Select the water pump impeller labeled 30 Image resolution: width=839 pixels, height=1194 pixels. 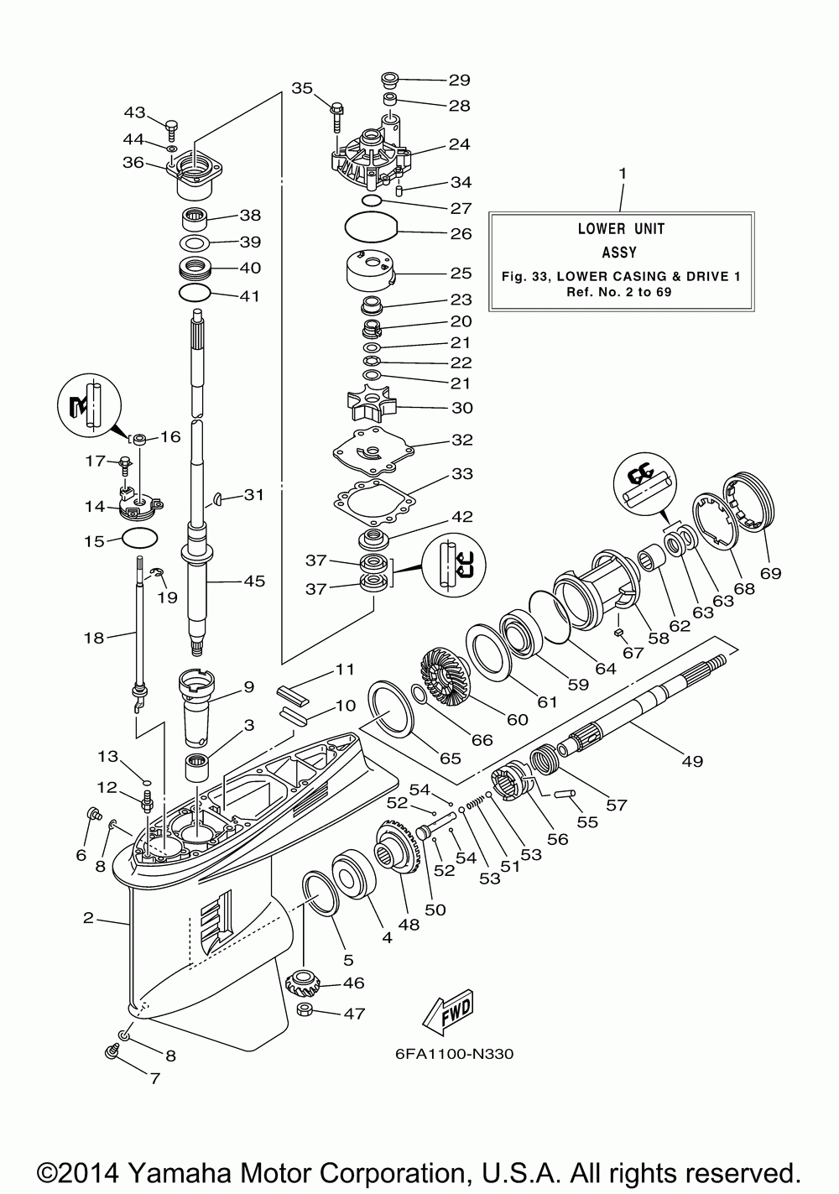(372, 408)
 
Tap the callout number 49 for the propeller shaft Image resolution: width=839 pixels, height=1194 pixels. (692, 761)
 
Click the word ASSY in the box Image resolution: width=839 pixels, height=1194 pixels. (619, 252)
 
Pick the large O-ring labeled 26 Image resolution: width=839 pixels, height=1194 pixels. (372, 228)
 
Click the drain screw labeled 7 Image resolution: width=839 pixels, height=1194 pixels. (112, 1051)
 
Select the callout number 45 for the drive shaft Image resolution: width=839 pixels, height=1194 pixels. (253, 581)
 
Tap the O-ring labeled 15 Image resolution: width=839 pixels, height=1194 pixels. (140, 539)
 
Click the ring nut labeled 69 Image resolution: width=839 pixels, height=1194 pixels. (748, 499)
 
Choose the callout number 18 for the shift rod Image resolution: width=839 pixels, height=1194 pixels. (94, 638)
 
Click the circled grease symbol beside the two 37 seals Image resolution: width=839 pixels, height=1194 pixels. (454, 565)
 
